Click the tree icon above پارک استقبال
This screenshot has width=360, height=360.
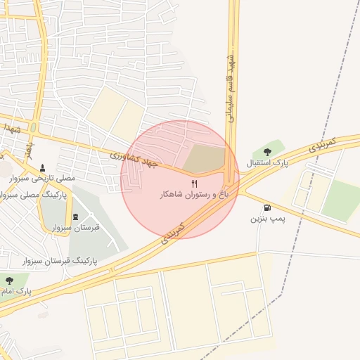(x=267, y=152)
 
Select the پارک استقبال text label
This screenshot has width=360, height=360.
(x=267, y=163)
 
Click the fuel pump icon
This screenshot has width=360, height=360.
(x=267, y=207)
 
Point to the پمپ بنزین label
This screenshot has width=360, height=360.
(x=268, y=219)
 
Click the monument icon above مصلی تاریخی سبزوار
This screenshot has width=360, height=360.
(x=44, y=168)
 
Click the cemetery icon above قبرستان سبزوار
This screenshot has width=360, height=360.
(x=76, y=216)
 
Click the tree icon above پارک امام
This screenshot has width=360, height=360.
(x=9, y=281)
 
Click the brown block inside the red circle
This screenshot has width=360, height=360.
(x=205, y=159)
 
